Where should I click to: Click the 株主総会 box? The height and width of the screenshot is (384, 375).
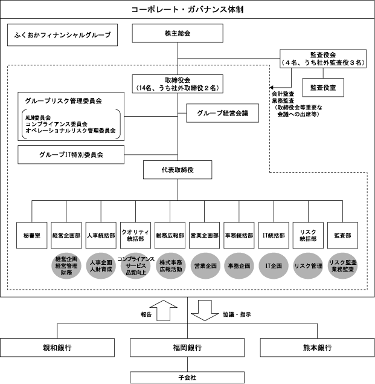coord(178,34)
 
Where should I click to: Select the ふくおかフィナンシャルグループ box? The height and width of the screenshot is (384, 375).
coord(62,35)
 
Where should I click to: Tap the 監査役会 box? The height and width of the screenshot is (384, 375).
coord(323,57)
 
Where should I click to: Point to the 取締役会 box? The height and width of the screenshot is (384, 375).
coord(178,82)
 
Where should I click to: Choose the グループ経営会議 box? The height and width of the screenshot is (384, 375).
coord(218,112)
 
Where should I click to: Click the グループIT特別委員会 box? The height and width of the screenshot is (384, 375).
coord(71,155)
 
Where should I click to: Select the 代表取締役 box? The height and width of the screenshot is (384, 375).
coord(178,170)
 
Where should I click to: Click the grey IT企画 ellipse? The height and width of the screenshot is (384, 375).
coord(274,265)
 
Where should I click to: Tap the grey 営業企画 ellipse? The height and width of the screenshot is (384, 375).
coord(205,265)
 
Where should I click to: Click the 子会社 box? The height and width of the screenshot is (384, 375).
coord(187,377)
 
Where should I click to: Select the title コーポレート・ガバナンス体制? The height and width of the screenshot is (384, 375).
coord(187,10)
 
